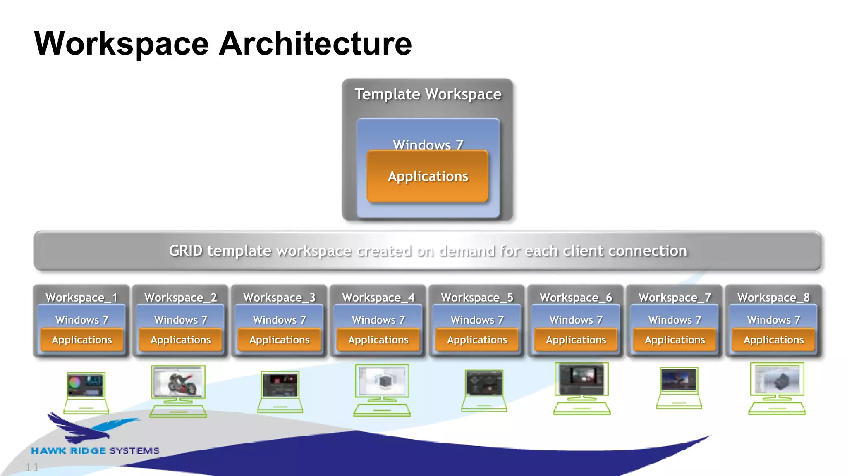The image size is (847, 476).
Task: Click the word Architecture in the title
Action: click(x=315, y=44)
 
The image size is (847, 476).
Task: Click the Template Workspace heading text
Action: click(x=428, y=94)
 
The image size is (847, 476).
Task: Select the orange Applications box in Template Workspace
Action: click(x=428, y=176)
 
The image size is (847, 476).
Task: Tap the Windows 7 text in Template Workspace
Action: click(x=428, y=144)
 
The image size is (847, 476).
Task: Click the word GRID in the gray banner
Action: click(x=186, y=251)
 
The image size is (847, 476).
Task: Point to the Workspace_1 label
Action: click(x=81, y=297)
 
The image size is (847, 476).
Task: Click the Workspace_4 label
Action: click(x=378, y=297)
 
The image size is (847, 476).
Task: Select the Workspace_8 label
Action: click(x=773, y=297)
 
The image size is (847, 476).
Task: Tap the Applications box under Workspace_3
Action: click(x=280, y=340)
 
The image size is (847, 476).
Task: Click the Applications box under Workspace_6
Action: click(x=576, y=340)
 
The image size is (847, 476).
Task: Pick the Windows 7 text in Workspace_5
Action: click(x=477, y=320)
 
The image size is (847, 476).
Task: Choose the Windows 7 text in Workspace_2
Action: click(x=180, y=320)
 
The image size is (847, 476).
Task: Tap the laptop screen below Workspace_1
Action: click(x=86, y=385)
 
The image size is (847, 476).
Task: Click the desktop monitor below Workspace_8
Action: click(x=777, y=379)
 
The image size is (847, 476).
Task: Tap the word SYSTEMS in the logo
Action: click(x=134, y=451)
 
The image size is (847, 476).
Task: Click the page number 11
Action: click(x=32, y=467)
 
